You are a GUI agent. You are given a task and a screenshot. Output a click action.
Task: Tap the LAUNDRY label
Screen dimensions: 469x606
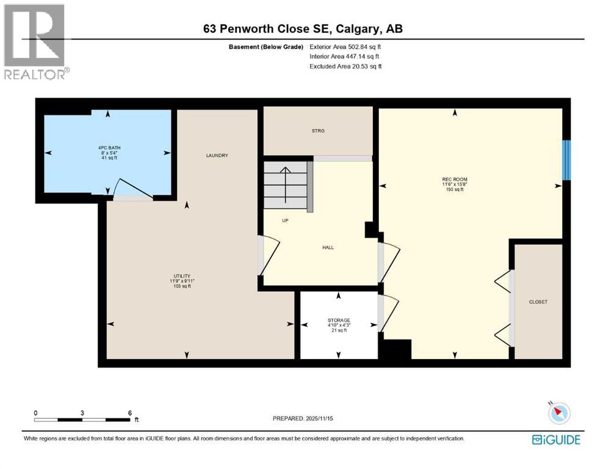(x=217, y=156)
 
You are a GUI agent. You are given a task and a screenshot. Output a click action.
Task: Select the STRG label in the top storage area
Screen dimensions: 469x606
(x=317, y=131)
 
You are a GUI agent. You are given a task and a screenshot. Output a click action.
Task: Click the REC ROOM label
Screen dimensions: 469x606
(x=454, y=180)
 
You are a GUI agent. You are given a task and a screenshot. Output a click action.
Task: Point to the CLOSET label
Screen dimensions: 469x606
(x=538, y=302)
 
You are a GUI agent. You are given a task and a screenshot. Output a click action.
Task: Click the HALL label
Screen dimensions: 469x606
(x=328, y=247)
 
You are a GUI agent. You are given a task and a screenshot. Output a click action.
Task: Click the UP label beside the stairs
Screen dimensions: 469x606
(x=284, y=220)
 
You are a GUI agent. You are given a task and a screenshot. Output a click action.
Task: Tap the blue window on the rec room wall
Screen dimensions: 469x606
(x=566, y=160)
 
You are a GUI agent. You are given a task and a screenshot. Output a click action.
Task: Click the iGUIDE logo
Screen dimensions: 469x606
(x=556, y=440)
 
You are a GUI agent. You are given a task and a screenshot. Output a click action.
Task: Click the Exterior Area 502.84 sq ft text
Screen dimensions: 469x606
(x=347, y=46)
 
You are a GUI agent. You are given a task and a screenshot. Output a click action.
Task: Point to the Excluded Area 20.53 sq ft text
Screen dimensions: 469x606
(x=345, y=67)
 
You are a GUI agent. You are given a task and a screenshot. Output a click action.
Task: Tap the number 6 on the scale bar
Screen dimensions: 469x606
(x=129, y=412)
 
